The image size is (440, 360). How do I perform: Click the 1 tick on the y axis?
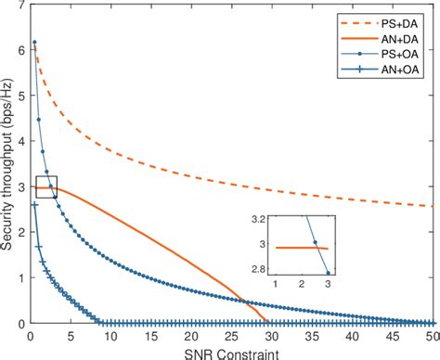(19, 278)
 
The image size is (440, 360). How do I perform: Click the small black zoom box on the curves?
(45, 186)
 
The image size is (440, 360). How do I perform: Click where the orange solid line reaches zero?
(267, 323)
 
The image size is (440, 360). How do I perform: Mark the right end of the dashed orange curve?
(431, 206)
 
